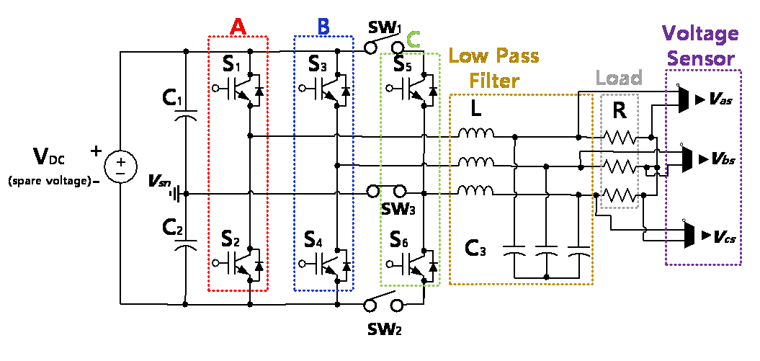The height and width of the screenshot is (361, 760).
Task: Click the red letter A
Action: pyautogui.click(x=238, y=27)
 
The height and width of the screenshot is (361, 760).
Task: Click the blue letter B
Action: pyautogui.click(x=323, y=27)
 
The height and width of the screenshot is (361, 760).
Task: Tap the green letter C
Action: pyautogui.click(x=413, y=40)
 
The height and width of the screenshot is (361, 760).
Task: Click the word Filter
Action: pyautogui.click(x=493, y=80)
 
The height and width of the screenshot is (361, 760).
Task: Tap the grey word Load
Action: pyautogui.click(x=619, y=78)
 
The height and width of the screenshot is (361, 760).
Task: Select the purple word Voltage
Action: pyautogui.click(x=700, y=34)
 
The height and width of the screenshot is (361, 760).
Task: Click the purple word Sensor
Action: pyautogui.click(x=701, y=58)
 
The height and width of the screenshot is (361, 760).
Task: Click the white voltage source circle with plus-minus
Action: pyautogui.click(x=120, y=167)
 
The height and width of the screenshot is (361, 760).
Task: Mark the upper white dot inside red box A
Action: pyautogui.click(x=215, y=88)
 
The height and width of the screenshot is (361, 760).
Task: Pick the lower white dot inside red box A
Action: pyautogui.click(x=215, y=263)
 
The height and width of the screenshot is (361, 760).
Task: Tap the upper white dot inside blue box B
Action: pyautogui.click(x=302, y=88)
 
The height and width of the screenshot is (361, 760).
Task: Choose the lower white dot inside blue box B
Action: pyautogui.click(x=302, y=264)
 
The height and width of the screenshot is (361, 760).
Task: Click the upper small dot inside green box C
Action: pyautogui.click(x=390, y=88)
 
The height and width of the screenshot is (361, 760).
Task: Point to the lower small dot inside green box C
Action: pyautogui.click(x=390, y=264)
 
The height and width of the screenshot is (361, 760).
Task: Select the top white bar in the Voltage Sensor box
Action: pyautogui.click(x=692, y=99)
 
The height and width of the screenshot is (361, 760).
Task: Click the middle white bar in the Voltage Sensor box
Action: pyautogui.click(x=695, y=159)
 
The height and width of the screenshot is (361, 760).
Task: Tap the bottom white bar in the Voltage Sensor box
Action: pyautogui.click(x=697, y=236)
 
